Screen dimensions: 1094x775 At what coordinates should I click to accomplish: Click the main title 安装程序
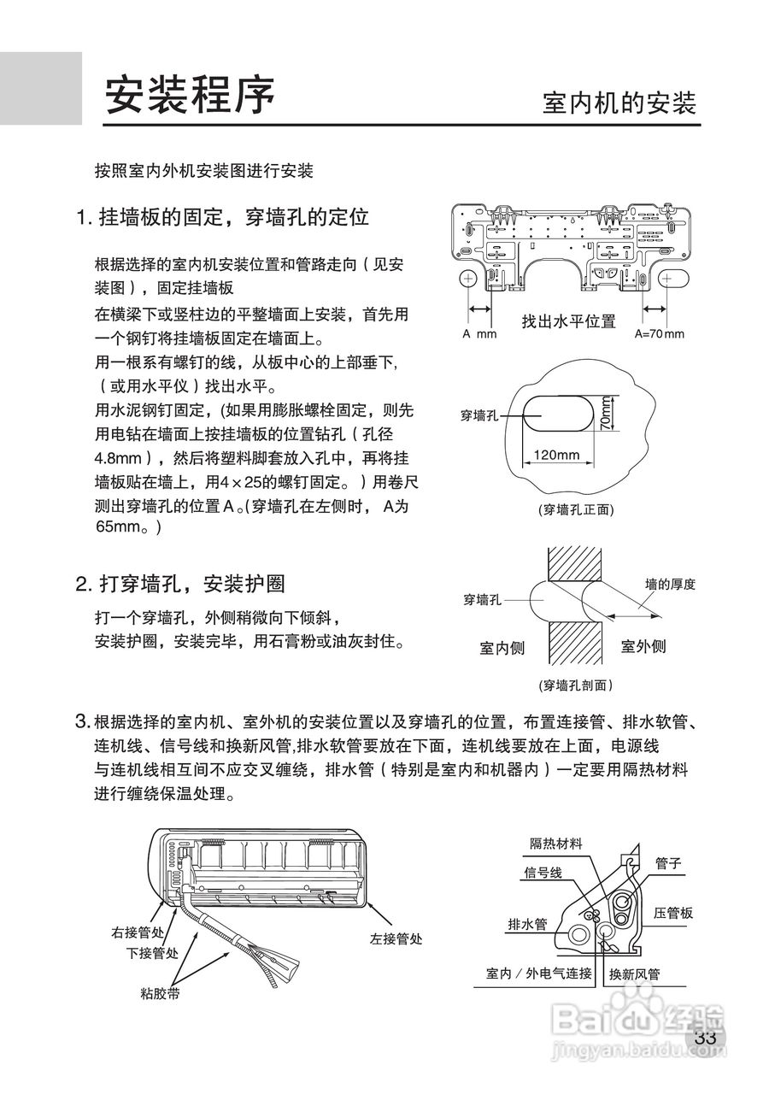point(190,95)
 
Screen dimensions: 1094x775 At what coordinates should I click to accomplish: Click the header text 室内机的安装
point(619,103)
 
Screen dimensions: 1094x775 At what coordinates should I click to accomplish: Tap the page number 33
point(705,1038)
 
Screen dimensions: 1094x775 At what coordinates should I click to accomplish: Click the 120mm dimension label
point(556,455)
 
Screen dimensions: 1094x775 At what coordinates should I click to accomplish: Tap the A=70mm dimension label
point(659,334)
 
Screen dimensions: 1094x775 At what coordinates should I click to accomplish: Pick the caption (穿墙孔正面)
point(576,509)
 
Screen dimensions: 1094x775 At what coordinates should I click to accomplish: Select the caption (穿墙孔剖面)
point(576,685)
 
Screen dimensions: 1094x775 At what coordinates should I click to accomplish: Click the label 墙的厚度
point(670,585)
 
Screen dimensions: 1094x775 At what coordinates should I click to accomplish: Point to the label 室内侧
point(502,647)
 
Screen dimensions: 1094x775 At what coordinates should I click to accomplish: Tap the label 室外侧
point(643,646)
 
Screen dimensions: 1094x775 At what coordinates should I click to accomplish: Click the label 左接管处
point(396,938)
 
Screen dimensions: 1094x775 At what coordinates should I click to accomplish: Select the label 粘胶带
point(160,994)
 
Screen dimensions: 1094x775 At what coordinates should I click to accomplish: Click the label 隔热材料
point(556,844)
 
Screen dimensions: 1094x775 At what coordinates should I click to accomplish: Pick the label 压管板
point(673,913)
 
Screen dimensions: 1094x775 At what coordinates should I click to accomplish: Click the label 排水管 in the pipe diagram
point(527,924)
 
